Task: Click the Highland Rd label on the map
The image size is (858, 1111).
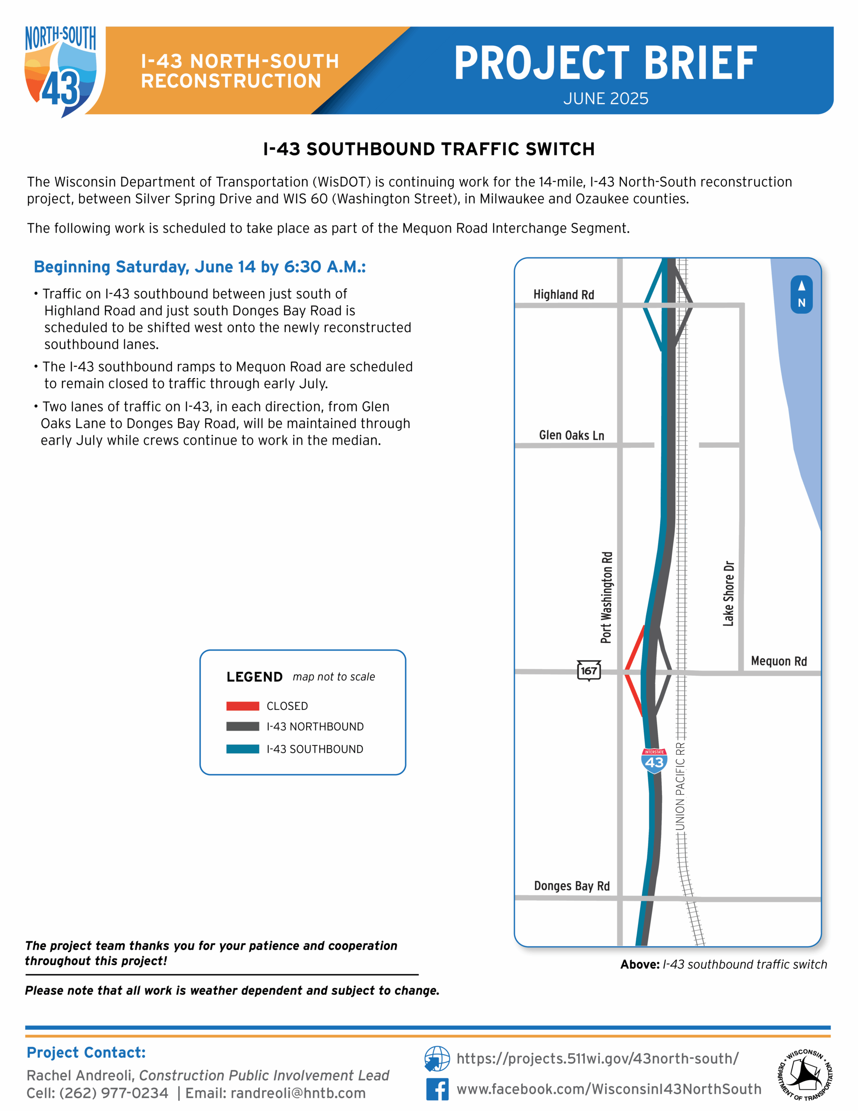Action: pyautogui.click(x=563, y=295)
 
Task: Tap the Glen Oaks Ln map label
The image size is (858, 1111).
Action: pyautogui.click(x=571, y=435)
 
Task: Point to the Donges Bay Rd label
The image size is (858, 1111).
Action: pyautogui.click(x=572, y=886)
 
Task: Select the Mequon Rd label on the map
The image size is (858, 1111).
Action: pyautogui.click(x=779, y=661)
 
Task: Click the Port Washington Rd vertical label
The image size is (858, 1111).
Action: pyautogui.click(x=606, y=597)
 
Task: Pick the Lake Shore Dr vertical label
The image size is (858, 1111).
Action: pyautogui.click(x=728, y=593)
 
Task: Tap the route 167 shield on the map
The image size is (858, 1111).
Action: pyautogui.click(x=589, y=671)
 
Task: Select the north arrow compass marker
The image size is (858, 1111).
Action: pyautogui.click(x=801, y=295)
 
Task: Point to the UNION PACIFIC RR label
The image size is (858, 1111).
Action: pyautogui.click(x=680, y=786)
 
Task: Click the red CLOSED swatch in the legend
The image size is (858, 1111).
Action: pyautogui.click(x=242, y=706)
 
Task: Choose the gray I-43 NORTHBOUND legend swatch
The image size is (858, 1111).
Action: pyautogui.click(x=242, y=726)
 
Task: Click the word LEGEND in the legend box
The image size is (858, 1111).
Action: pyautogui.click(x=254, y=677)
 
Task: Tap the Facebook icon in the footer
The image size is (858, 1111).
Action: pyautogui.click(x=437, y=1089)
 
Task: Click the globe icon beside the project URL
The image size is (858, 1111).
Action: pyautogui.click(x=437, y=1058)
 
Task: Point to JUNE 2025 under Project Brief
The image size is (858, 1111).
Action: pyautogui.click(x=605, y=99)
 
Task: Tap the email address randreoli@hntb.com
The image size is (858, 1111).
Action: pyautogui.click(x=298, y=1093)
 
